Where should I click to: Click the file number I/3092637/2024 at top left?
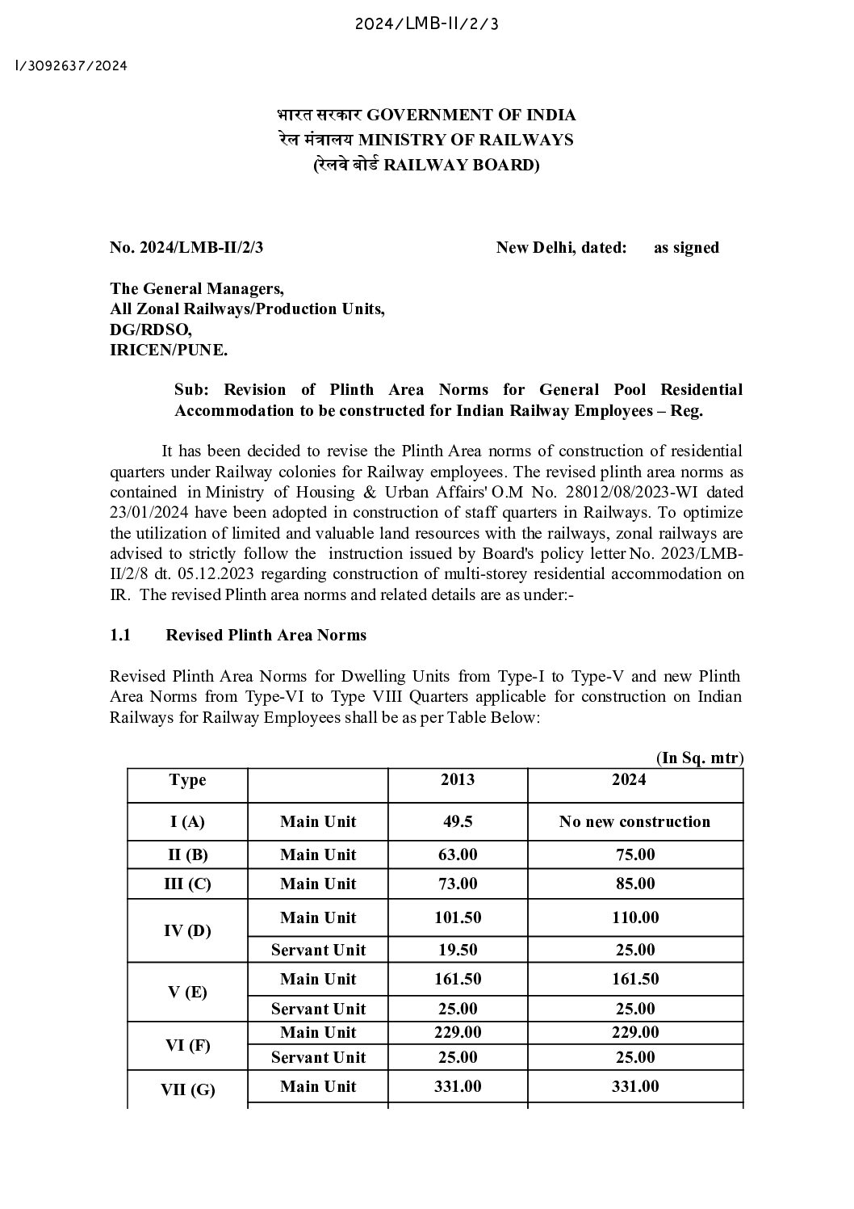71,65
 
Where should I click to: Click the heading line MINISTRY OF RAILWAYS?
425,140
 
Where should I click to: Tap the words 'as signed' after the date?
686,248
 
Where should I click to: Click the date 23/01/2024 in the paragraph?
144,512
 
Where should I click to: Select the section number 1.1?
120,635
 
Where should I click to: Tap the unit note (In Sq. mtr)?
699,758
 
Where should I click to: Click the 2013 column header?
458,779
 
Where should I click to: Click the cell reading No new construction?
634,822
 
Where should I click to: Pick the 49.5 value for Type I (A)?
458,822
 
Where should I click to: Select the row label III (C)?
187,884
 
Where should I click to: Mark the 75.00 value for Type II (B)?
634,854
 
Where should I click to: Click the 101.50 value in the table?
458,917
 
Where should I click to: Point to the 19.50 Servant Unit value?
458,950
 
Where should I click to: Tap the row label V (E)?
187,993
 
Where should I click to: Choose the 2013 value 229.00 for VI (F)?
458,1032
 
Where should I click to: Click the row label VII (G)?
187,1089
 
